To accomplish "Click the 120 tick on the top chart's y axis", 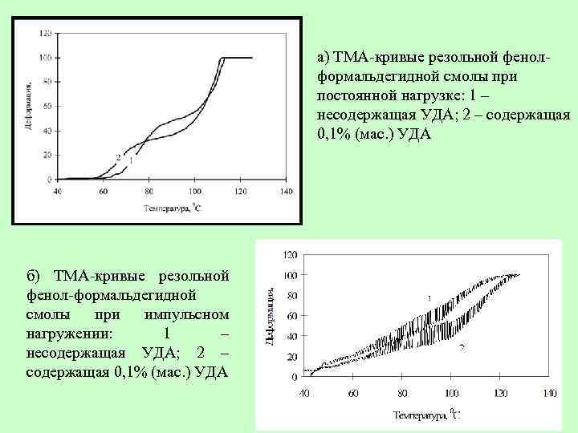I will [46, 33].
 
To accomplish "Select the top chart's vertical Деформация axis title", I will [29, 105].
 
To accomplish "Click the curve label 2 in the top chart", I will [118, 156].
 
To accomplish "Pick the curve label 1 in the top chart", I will [130, 161].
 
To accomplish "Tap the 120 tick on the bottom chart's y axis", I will [289, 255].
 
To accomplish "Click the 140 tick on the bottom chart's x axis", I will [550, 394].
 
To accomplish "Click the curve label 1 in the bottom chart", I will [429, 297].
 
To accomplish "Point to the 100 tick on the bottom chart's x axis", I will [451, 394].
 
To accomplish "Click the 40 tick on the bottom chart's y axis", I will [291, 335].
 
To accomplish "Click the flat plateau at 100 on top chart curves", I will [238, 58].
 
